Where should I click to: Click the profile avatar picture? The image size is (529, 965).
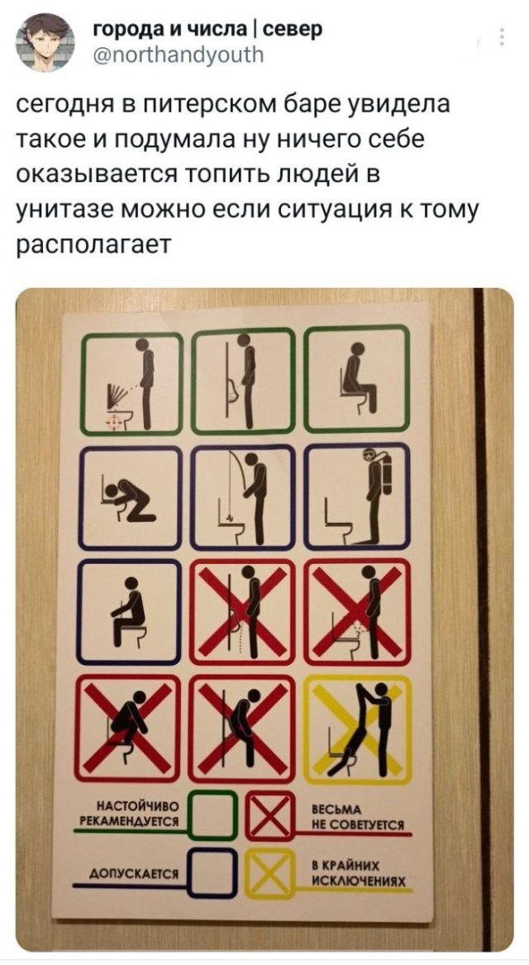pos(45,43)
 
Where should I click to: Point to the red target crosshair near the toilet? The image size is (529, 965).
pos(114,421)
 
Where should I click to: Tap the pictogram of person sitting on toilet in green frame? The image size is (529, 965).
pos(356,380)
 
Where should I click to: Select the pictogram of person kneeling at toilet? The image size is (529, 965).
pos(131,497)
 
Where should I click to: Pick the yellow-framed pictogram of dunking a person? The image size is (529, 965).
pos(357,729)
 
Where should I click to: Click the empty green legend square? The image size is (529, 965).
pos(212,815)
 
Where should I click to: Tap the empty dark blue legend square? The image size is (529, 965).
pos(212,872)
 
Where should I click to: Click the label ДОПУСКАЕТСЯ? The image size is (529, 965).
pos(134,874)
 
